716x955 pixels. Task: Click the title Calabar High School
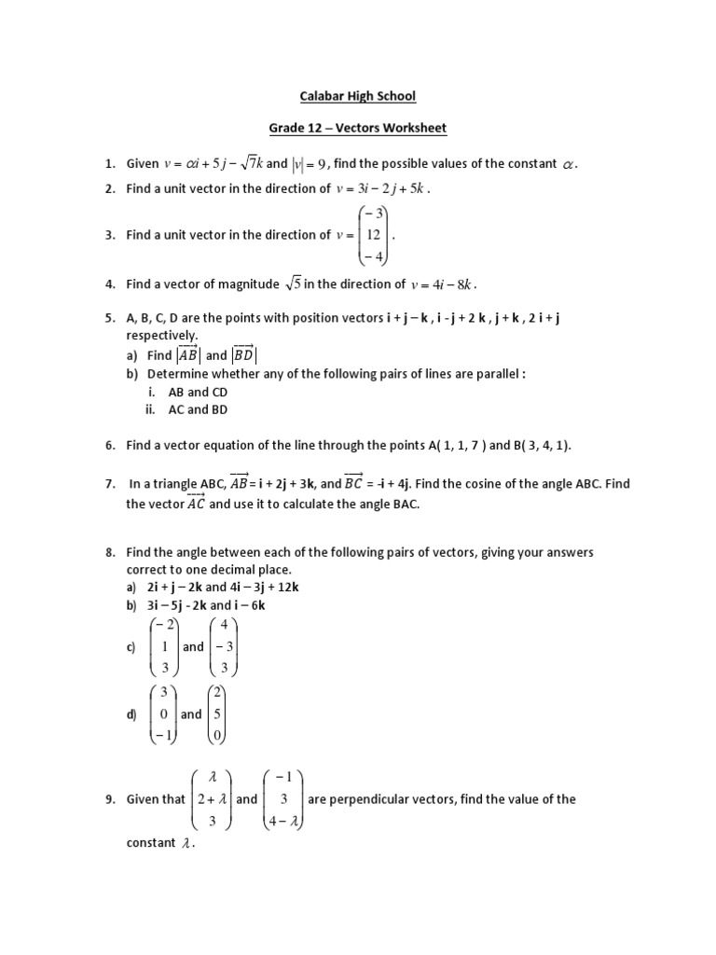tap(357, 95)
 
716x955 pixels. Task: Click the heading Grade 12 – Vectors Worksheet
tap(357, 128)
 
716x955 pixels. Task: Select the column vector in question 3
tap(372, 235)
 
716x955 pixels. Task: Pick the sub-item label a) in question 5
tap(133, 355)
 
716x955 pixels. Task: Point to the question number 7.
tap(109, 483)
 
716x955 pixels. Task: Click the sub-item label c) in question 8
tap(132, 647)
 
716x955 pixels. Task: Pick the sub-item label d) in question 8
tap(132, 714)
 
